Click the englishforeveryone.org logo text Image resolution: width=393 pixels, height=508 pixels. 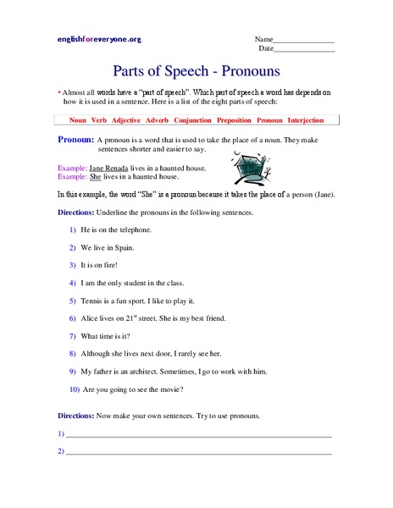click(x=99, y=40)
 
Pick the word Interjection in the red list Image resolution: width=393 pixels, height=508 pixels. click(x=312, y=120)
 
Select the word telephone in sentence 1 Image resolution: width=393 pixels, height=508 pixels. click(x=134, y=230)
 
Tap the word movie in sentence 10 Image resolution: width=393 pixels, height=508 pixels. click(x=169, y=389)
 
